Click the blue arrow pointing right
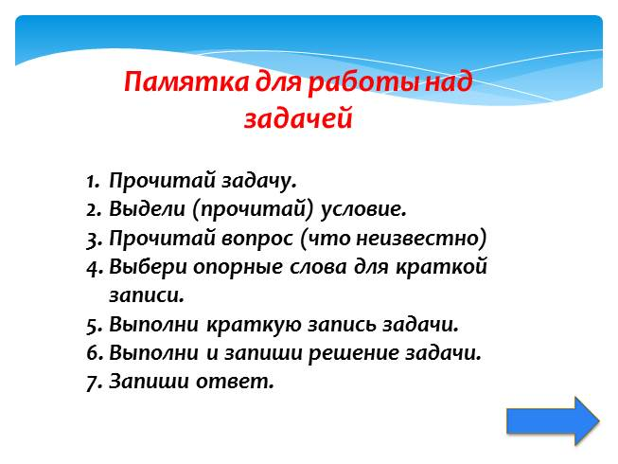tap(553, 421)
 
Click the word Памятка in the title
tap(186, 82)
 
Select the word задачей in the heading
tap(298, 117)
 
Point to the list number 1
tap(93, 182)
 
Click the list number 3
tap(95, 240)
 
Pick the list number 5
tap(95, 326)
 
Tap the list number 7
tap(95, 383)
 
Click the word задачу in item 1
tap(258, 182)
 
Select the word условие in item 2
tap(363, 209)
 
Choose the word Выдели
tap(147, 208)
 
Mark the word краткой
tap(441, 266)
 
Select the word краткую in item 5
tap(254, 325)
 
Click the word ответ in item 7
tap(235, 382)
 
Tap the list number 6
tap(95, 353)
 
